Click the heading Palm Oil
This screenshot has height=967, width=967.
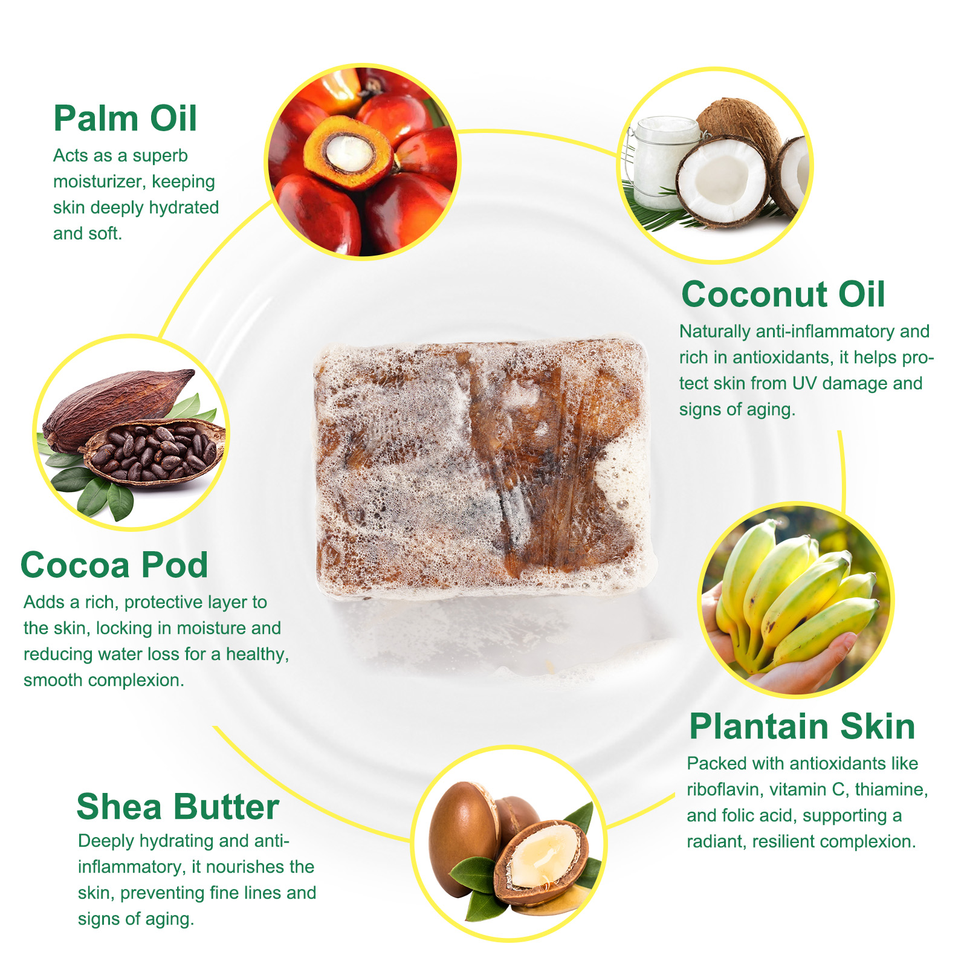pos(125,118)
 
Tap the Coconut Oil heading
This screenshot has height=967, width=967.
pos(783,294)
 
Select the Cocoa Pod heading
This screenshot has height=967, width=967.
pos(114,565)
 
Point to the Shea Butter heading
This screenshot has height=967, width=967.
pos(178,807)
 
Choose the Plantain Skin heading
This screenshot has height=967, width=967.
pos(802,726)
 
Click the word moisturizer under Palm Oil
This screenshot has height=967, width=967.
pos(99,182)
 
